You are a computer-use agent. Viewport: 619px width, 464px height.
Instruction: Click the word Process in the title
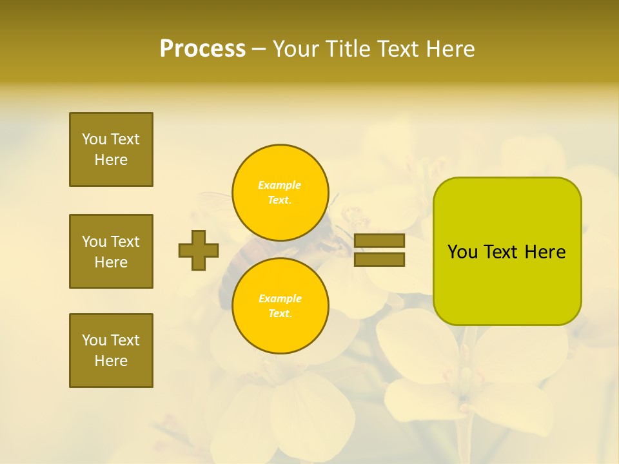(x=202, y=49)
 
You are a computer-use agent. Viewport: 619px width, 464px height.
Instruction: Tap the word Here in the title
(x=451, y=49)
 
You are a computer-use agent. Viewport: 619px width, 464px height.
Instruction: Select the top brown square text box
(x=111, y=150)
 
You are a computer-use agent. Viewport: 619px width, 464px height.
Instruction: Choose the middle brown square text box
(x=111, y=251)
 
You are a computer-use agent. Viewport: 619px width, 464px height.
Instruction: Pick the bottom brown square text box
(x=111, y=351)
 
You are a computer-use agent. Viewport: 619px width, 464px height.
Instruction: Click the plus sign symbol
(x=199, y=250)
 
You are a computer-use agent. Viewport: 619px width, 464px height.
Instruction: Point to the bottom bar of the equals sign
(x=380, y=260)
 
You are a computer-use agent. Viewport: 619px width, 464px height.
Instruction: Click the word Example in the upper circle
(x=279, y=186)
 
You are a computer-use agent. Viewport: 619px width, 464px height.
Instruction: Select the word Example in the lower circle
(x=280, y=299)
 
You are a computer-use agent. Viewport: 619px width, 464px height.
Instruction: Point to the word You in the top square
(x=94, y=139)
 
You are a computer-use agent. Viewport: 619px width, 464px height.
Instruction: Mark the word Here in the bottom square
(x=111, y=361)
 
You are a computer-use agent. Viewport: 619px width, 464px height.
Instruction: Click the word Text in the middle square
(x=125, y=242)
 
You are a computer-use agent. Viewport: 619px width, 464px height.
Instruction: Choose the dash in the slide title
(x=259, y=49)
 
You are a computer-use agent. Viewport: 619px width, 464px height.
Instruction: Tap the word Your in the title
(x=296, y=49)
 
